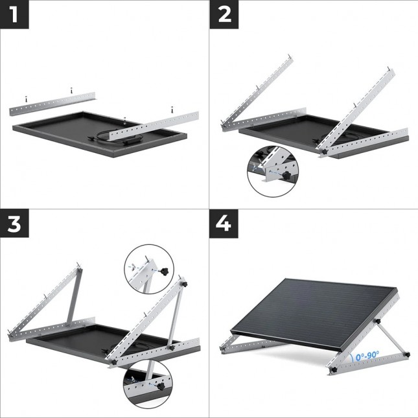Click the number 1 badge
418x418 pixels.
click(x=14, y=14)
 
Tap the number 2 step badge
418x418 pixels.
click(x=224, y=14)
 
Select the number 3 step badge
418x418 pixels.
click(x=14, y=224)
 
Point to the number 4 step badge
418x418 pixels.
click(x=224, y=224)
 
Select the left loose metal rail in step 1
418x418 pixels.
click(x=54, y=104)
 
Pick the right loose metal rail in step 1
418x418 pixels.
click(x=153, y=126)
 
